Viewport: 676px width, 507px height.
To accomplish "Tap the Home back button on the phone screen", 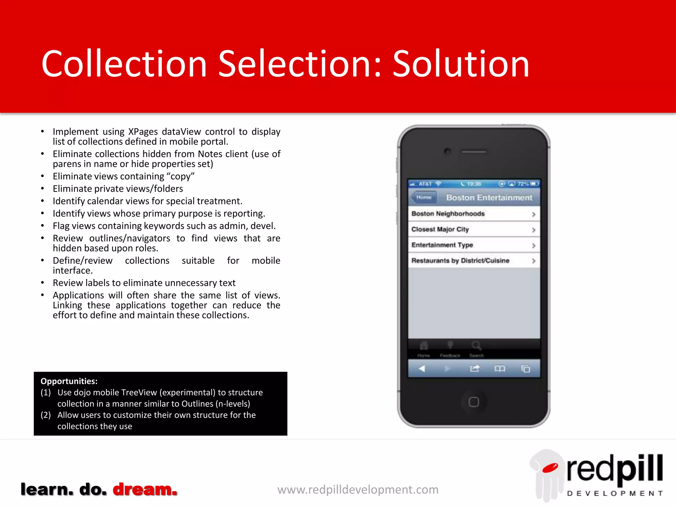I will coord(424,197).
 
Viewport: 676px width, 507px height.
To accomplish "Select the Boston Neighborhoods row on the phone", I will coord(474,214).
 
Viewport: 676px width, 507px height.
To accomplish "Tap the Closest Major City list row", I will coord(474,229).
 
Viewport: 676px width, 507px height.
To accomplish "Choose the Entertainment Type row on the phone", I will coord(474,245).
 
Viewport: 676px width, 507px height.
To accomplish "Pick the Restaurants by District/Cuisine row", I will coord(474,261).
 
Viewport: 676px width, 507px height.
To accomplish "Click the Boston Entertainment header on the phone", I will coord(489,197).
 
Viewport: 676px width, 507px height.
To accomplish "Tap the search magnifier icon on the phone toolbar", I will coord(476,346).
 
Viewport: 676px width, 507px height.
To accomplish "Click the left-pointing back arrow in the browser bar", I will coord(422,368).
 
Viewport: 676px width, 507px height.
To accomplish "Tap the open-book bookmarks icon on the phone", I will coord(499,368).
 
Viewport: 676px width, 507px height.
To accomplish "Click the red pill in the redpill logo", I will coord(550,468).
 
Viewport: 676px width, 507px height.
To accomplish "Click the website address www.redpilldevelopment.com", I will coord(358,490).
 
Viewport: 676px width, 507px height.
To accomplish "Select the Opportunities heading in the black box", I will coord(69,381).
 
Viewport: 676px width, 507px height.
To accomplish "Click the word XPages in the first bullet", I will coord(143,132).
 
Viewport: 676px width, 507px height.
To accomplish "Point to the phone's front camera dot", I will coord(448,152).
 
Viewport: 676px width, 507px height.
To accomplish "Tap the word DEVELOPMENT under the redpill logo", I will coord(615,493).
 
